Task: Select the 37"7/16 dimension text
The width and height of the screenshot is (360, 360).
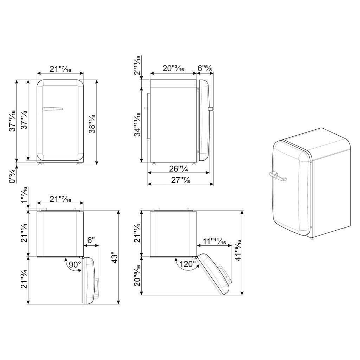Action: tap(12, 121)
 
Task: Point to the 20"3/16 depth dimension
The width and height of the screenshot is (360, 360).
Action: tap(173, 69)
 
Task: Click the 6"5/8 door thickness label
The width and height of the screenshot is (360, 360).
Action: tap(205, 68)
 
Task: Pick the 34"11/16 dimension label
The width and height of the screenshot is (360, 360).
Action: tap(137, 124)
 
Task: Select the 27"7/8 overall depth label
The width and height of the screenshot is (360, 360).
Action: tap(180, 180)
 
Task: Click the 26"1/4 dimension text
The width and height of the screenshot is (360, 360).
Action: tap(179, 169)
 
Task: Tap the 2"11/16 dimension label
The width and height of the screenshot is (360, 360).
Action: tap(137, 66)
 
